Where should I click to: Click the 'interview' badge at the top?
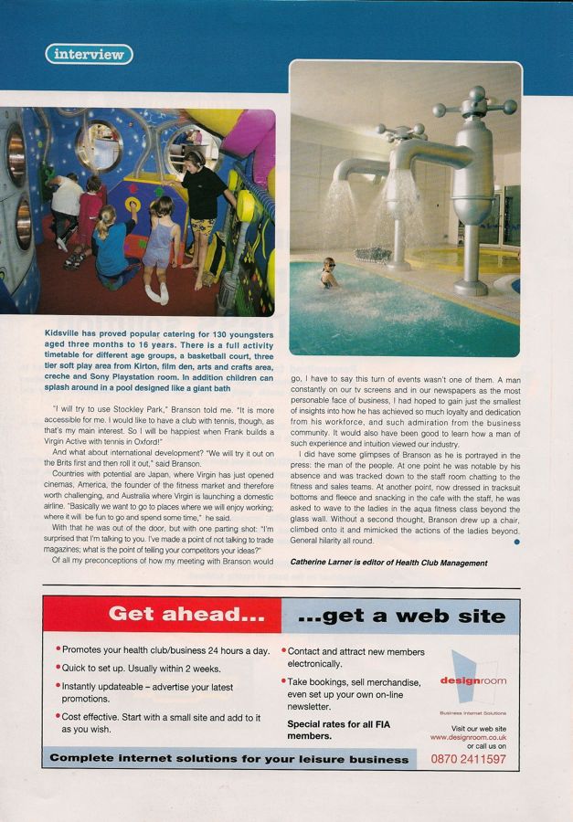coord(89,54)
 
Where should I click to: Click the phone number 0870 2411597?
coord(468,758)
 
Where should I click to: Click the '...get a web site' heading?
coord(401,616)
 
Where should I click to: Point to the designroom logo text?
coord(472,680)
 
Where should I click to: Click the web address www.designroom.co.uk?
coord(467,737)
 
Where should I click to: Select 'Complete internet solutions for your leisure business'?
coord(229,759)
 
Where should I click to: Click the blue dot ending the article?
coord(516,543)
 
